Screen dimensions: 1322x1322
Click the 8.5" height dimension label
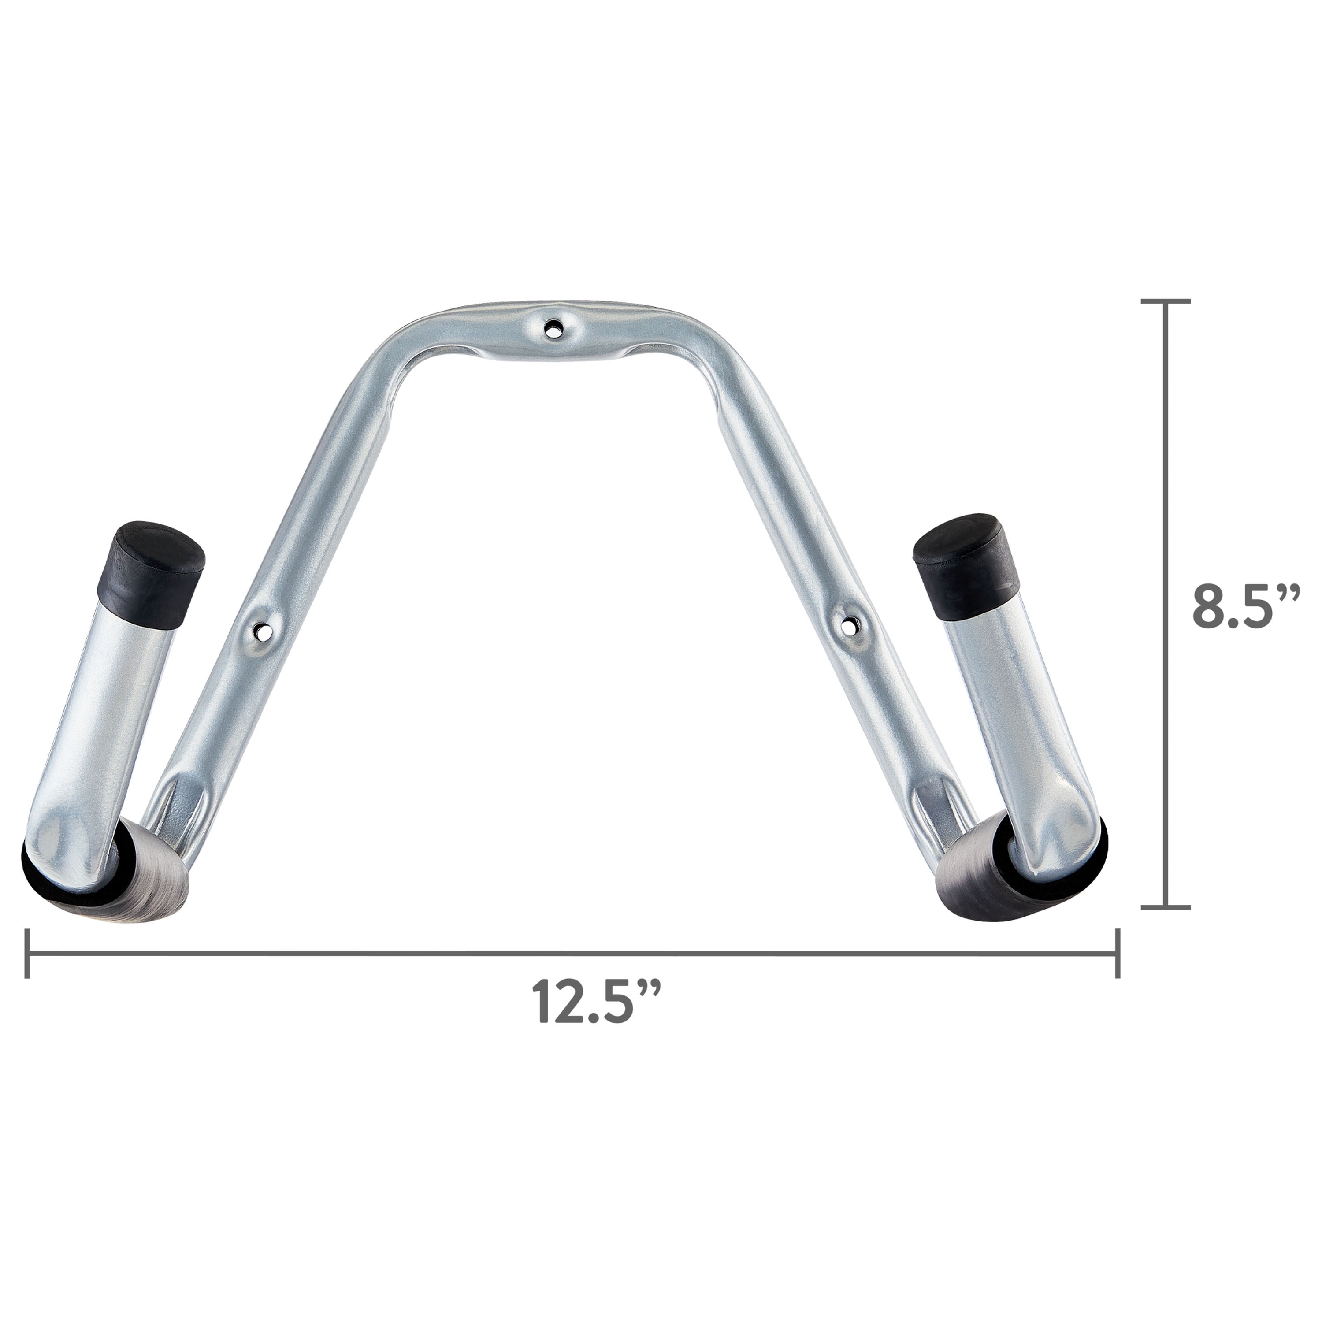click(x=1242, y=605)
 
